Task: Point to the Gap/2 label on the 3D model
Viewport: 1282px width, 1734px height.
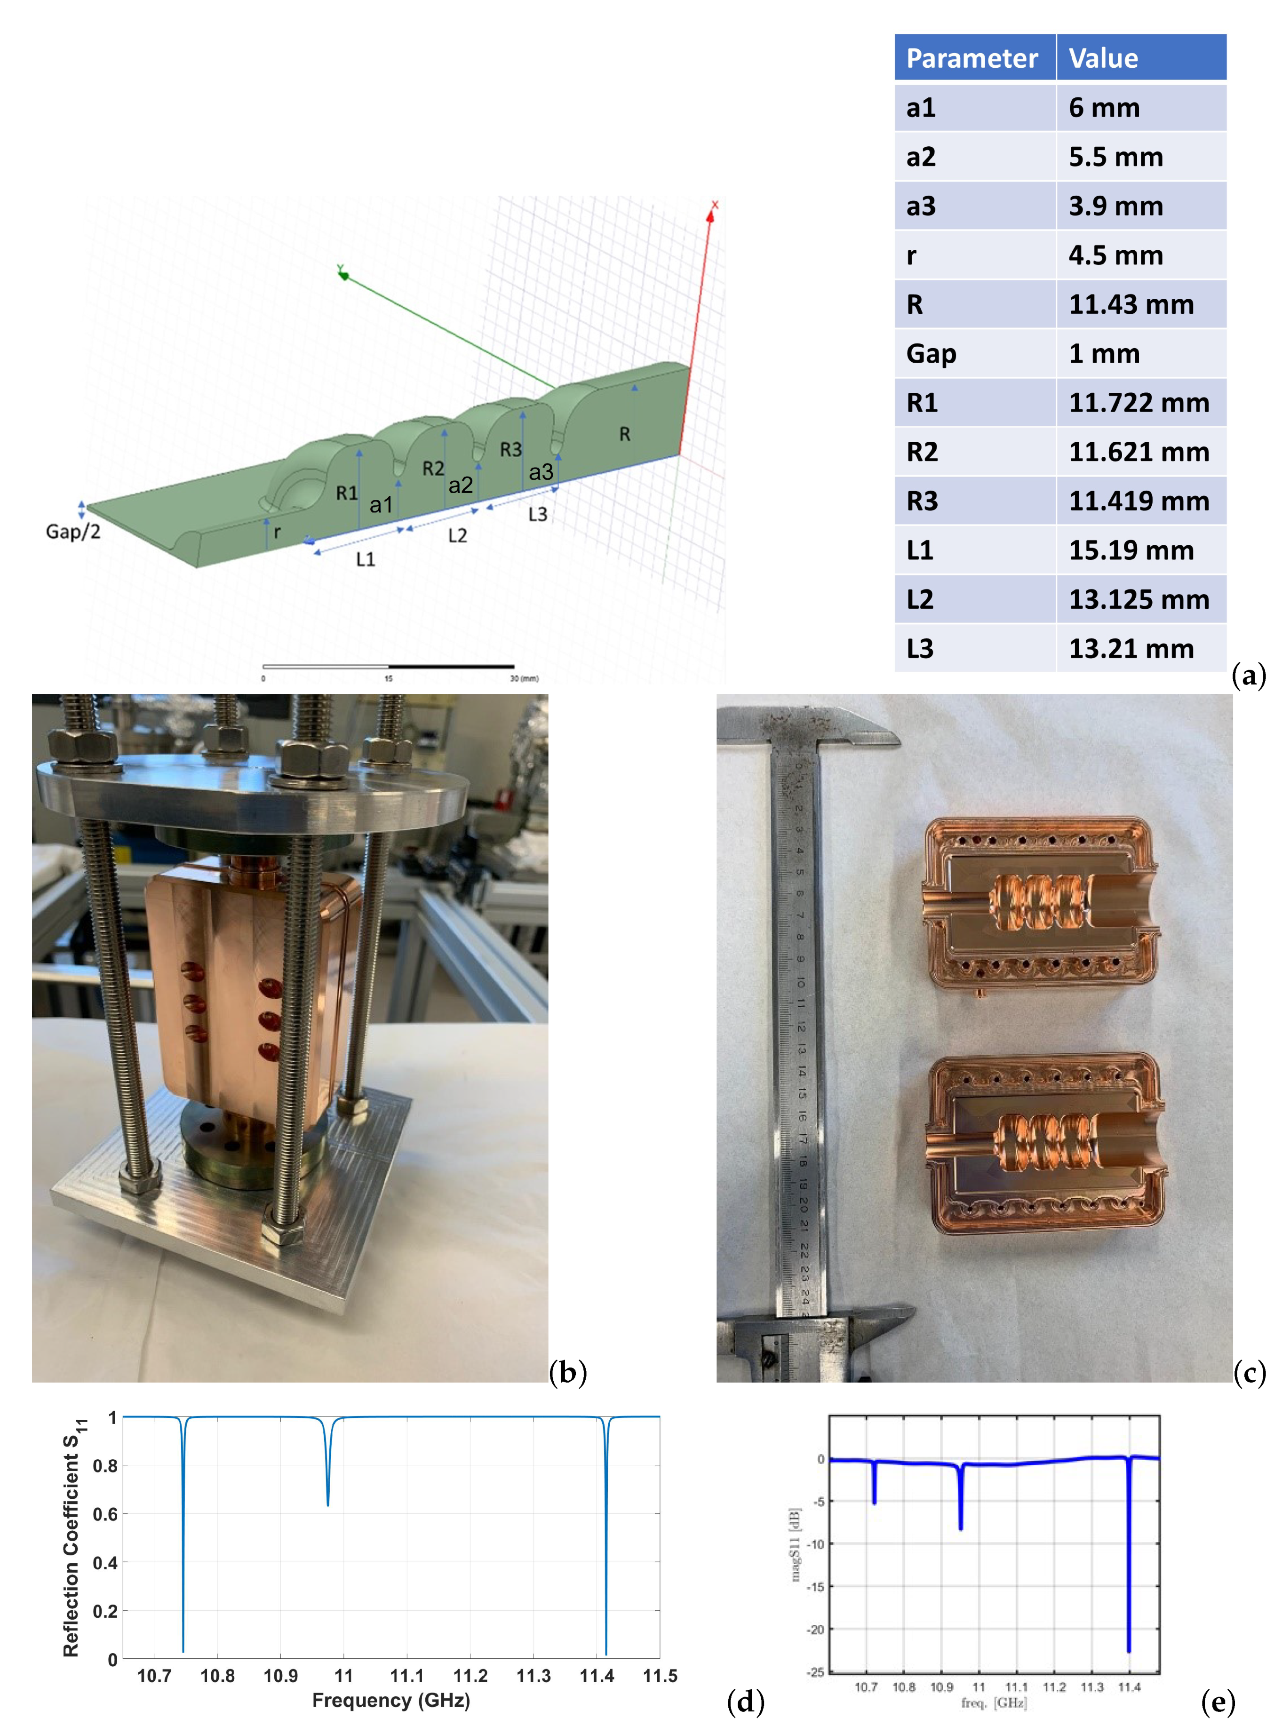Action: [x=73, y=532]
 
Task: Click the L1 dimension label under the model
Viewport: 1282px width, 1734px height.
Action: [x=366, y=558]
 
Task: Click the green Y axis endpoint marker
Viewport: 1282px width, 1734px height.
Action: [x=343, y=274]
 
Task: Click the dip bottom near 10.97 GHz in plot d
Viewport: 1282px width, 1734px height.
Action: [x=328, y=1503]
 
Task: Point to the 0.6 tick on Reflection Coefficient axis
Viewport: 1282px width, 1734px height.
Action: [x=105, y=1514]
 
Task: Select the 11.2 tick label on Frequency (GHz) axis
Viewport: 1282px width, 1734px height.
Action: [x=470, y=1676]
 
